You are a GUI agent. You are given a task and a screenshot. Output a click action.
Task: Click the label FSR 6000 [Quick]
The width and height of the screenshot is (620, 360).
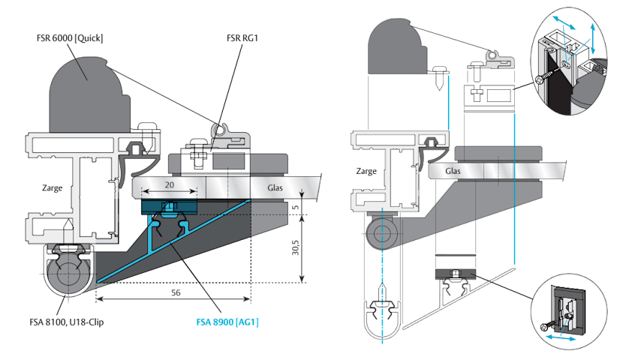[x=70, y=38]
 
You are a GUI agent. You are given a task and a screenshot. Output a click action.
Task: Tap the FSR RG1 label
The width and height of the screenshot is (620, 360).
[x=242, y=38]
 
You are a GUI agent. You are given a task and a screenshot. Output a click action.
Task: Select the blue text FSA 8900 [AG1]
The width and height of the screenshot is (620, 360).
[x=227, y=322]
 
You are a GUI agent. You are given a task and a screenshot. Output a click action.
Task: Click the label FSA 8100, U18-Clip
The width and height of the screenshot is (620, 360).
[x=66, y=322]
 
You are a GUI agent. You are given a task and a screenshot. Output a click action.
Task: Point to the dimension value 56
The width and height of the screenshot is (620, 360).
[x=176, y=292]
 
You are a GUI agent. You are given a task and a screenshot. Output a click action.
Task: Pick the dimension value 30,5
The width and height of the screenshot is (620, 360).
[x=296, y=247]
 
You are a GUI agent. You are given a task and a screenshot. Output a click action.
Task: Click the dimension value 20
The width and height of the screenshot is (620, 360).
[x=169, y=185]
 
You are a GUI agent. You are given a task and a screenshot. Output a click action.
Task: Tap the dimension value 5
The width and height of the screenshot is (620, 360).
[x=296, y=208]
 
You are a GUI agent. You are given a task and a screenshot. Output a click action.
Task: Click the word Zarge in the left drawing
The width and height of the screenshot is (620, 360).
[x=53, y=187]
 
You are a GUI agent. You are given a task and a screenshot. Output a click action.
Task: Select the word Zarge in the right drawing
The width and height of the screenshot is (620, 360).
[x=366, y=171]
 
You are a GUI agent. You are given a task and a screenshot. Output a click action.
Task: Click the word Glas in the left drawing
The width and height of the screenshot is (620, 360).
[x=275, y=187]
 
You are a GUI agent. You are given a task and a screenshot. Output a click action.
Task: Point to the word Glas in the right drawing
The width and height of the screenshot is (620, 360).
[x=453, y=171]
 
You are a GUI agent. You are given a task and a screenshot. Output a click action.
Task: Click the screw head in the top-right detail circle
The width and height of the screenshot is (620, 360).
[x=540, y=79]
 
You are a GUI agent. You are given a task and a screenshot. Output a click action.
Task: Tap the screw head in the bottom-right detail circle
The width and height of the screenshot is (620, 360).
[x=544, y=327]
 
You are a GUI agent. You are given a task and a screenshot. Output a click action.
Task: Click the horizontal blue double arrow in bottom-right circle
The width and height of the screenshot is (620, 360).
[x=561, y=337]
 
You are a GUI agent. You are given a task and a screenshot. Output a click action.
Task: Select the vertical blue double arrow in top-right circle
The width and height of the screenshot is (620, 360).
[x=593, y=38]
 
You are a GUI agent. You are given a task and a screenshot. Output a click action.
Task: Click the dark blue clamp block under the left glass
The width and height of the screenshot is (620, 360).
[x=169, y=207]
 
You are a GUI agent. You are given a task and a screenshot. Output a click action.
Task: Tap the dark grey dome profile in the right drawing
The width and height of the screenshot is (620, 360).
[x=397, y=47]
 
